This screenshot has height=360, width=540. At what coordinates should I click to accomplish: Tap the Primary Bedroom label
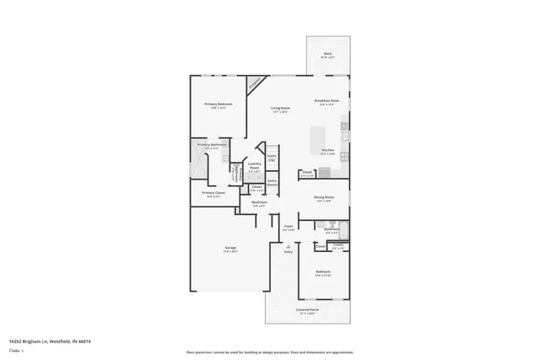click(219, 105)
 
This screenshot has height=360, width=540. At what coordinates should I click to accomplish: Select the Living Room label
click(280, 110)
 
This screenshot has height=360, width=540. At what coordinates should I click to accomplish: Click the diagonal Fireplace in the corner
click(256, 84)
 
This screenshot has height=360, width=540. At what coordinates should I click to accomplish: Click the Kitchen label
click(328, 152)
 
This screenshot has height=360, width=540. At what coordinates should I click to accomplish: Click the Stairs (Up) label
click(272, 158)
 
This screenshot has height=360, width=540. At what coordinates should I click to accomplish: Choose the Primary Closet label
click(213, 194)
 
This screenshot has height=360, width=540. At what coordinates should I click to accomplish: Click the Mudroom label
click(259, 203)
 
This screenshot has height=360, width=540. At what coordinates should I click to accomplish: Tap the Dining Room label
click(325, 199)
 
